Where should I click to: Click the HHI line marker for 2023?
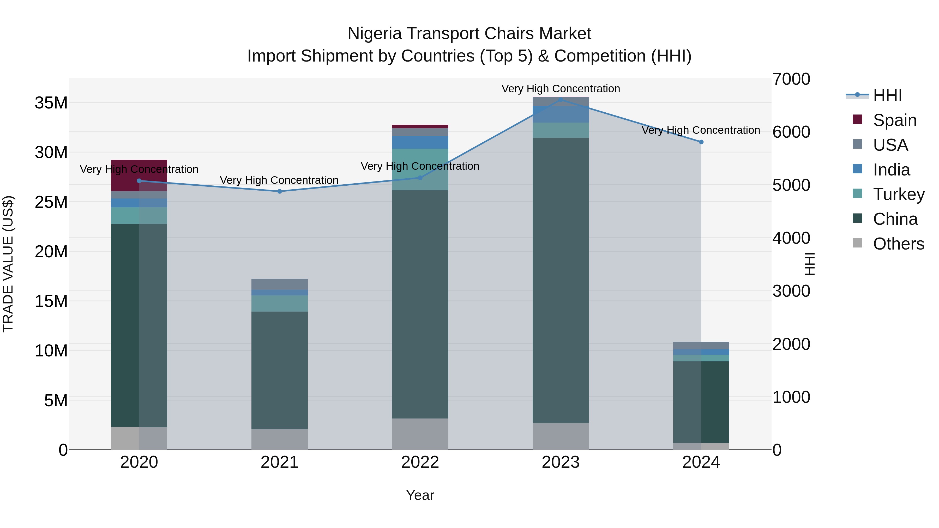[x=561, y=100]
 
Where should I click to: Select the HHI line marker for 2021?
[x=280, y=191]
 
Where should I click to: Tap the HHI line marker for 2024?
[x=701, y=142]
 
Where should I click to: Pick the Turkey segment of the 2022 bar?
[x=420, y=169]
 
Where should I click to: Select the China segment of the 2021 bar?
[x=280, y=370]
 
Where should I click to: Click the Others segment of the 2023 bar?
[x=561, y=436]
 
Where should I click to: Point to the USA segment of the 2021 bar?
[x=280, y=284]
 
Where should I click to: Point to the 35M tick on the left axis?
[x=51, y=103]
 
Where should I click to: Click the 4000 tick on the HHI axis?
[x=791, y=238]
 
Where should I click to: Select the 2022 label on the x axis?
[x=420, y=462]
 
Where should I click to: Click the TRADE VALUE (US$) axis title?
[x=8, y=264]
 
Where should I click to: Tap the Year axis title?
[x=420, y=495]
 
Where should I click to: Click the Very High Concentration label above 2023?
[x=561, y=89]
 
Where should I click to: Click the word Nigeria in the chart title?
[x=375, y=34]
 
